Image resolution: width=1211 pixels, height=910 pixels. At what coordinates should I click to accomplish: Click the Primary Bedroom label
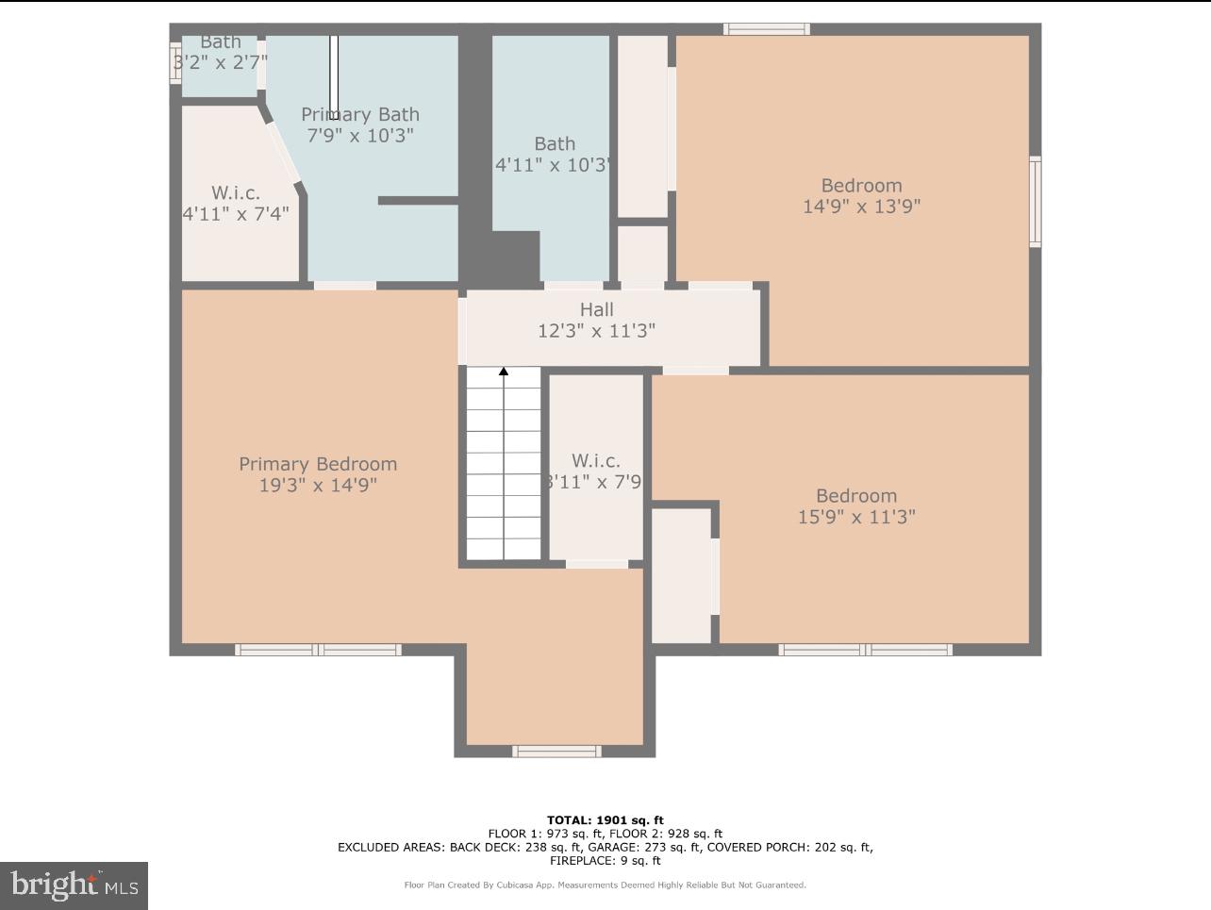[x=318, y=464]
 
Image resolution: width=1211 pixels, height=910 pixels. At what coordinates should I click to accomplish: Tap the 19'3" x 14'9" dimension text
[x=318, y=486]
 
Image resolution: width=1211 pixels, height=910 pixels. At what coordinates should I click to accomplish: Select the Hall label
[x=596, y=309]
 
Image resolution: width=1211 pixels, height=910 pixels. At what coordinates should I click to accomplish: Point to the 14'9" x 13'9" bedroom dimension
[x=861, y=207]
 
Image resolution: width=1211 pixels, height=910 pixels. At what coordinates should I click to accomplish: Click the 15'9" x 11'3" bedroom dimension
[x=856, y=517]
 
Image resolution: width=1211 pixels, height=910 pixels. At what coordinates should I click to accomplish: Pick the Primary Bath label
[x=360, y=114]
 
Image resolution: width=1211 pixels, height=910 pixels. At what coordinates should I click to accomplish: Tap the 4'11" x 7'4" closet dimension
[x=236, y=214]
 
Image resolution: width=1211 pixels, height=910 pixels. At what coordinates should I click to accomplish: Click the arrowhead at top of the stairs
[x=504, y=372]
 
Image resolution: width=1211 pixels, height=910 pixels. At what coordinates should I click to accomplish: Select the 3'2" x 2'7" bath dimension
[x=221, y=62]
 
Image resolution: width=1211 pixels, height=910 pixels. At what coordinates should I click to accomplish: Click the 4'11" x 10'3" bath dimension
[x=554, y=165]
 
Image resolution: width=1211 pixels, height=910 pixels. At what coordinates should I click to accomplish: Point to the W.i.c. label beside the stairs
[x=596, y=460]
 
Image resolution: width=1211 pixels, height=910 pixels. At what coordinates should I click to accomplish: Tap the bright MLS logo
[x=74, y=885]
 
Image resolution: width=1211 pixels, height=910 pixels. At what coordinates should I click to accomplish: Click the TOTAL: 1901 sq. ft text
[x=605, y=820]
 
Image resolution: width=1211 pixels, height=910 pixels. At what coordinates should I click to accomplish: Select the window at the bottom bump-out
[x=556, y=752]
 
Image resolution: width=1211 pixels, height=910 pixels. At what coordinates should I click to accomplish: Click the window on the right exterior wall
[x=1035, y=202]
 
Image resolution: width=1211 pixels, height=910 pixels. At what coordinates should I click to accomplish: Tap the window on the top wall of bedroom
[x=766, y=29]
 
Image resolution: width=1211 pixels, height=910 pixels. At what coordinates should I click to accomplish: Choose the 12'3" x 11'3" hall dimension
[x=596, y=331]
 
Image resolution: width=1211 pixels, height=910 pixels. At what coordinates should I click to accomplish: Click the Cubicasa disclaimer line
[x=605, y=885]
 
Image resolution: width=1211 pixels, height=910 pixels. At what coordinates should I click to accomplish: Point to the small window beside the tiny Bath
[x=175, y=62]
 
